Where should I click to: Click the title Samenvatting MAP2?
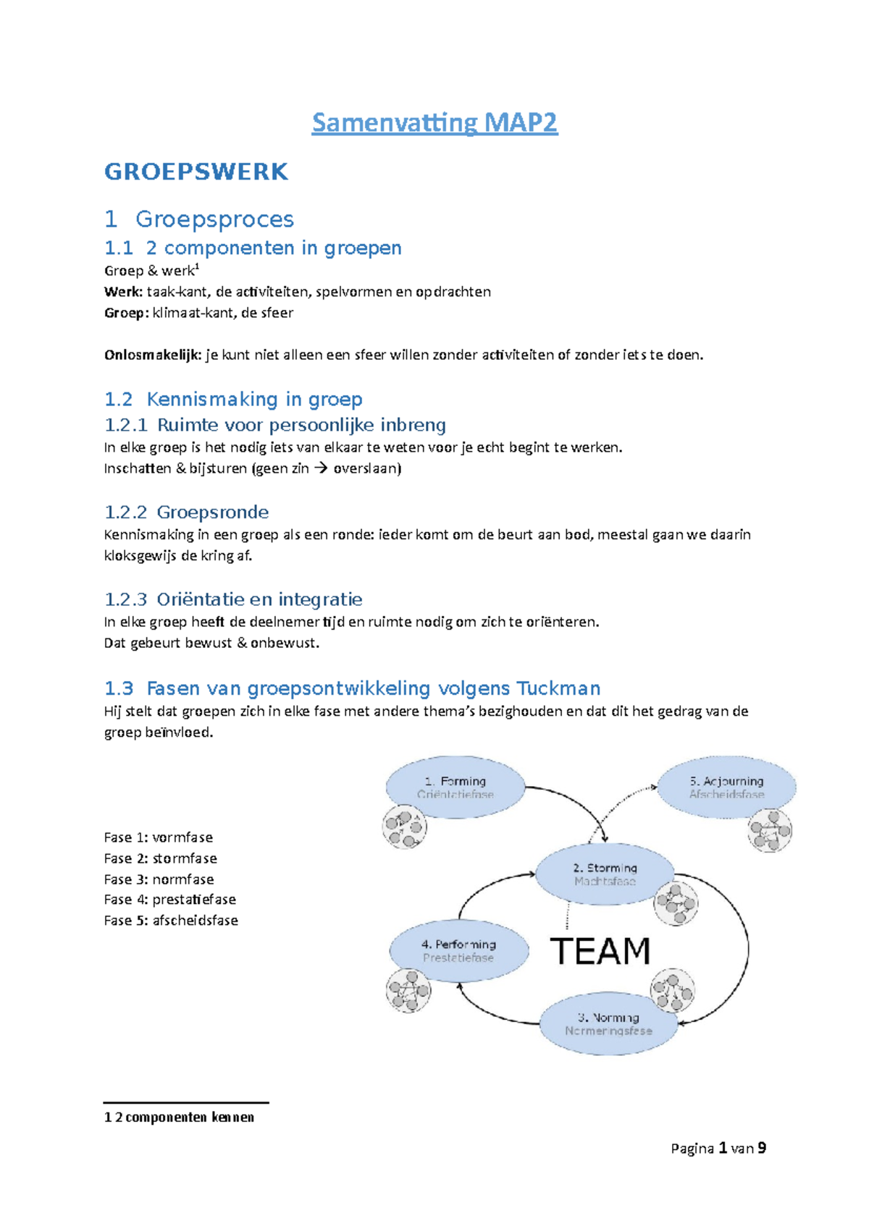434,122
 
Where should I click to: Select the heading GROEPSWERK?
196,172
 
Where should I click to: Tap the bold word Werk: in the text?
123,292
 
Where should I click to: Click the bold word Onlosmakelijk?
153,355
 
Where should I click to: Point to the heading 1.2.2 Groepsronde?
186,512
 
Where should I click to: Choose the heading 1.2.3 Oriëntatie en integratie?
233,599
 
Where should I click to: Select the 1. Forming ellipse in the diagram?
456,787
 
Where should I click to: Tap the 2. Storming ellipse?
605,874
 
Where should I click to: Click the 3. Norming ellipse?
608,1024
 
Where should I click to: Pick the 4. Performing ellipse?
458,950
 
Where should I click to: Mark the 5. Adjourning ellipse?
726,787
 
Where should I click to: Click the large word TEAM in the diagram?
600,951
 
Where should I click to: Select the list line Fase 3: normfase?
159,879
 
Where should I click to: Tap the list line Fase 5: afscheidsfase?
171,921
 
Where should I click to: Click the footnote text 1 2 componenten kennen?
179,1118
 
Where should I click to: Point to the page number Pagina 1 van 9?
718,1149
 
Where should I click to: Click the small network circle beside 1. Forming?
404,826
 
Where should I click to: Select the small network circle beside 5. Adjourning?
770,830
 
